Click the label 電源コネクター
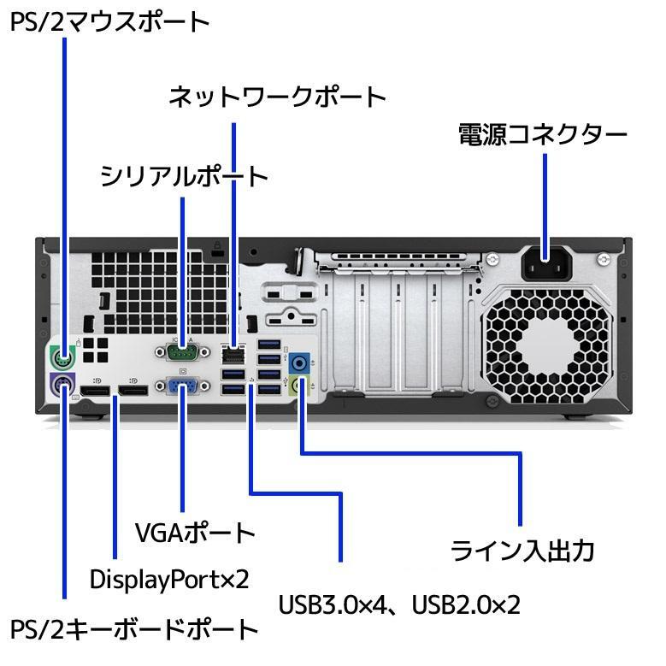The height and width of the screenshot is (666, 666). (x=543, y=135)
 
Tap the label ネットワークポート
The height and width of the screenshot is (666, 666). (x=277, y=97)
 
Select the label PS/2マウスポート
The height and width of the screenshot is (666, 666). (x=110, y=21)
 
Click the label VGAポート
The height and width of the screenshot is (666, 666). (x=195, y=533)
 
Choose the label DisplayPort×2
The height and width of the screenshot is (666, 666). (x=169, y=579)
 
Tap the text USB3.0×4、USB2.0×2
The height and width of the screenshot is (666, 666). (x=399, y=604)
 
